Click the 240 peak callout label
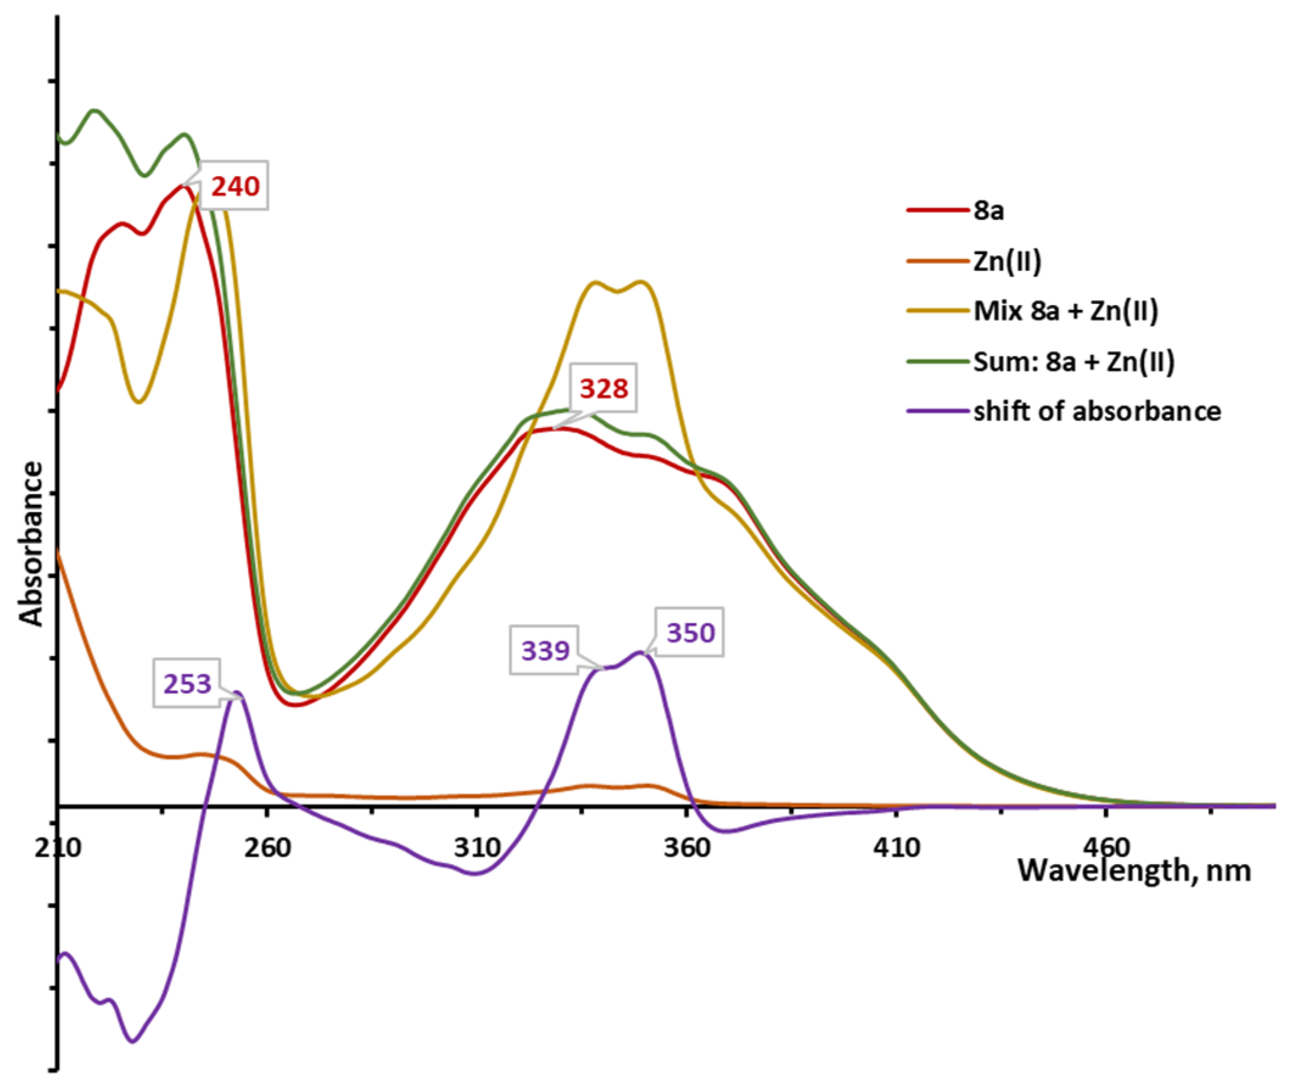[x=236, y=186]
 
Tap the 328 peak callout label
[x=604, y=389]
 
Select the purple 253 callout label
[x=187, y=684]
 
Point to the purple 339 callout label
[x=545, y=651]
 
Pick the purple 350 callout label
[x=690, y=633]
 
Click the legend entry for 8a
[x=988, y=211]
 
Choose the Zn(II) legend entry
[x=1007, y=261]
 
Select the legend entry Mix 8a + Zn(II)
[x=1066, y=311]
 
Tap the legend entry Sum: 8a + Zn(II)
[x=1074, y=362]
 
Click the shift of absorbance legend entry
[x=1097, y=412]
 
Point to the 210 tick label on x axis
[x=57, y=847]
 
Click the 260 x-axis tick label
[x=267, y=847]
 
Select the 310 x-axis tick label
[x=477, y=847]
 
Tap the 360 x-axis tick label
[x=687, y=847]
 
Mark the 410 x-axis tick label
[x=896, y=847]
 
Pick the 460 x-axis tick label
[x=1106, y=847]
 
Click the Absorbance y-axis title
[x=31, y=544]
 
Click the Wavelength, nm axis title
[x=1134, y=871]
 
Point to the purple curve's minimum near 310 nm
[x=474, y=874]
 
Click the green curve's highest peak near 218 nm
[x=94, y=111]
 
